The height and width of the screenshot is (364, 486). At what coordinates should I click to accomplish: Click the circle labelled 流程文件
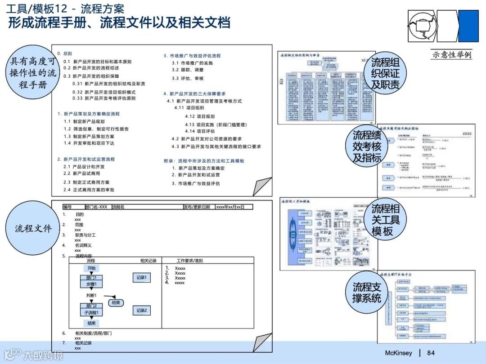click(x=33, y=228)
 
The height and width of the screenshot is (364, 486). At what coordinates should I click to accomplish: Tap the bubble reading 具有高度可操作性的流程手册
click(x=33, y=72)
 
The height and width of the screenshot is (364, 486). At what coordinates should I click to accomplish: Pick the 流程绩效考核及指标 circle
click(x=367, y=146)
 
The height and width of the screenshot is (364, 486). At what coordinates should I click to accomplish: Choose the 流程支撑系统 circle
click(x=367, y=292)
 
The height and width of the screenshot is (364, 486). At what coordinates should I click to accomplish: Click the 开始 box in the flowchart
click(x=91, y=268)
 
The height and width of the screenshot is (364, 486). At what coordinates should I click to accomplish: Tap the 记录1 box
click(x=142, y=278)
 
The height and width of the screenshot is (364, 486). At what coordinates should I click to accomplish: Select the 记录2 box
click(x=142, y=310)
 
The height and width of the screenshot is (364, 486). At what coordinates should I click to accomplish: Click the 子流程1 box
click(x=91, y=312)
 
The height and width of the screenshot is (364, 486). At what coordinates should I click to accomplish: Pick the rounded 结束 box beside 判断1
click(x=116, y=302)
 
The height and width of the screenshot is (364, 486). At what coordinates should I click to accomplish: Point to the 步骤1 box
click(x=91, y=284)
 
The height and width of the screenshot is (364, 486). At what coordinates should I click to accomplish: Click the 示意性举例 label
click(x=451, y=55)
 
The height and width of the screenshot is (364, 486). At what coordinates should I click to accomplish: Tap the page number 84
click(x=431, y=353)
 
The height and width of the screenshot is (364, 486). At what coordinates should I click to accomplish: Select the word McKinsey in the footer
click(x=398, y=353)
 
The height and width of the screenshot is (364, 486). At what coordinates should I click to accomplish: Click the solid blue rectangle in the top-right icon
click(x=468, y=26)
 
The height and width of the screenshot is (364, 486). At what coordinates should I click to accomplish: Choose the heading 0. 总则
click(x=64, y=53)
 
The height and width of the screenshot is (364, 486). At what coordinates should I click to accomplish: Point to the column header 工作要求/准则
click(x=189, y=260)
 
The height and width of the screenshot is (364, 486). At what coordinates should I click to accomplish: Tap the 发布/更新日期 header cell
click(x=197, y=207)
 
